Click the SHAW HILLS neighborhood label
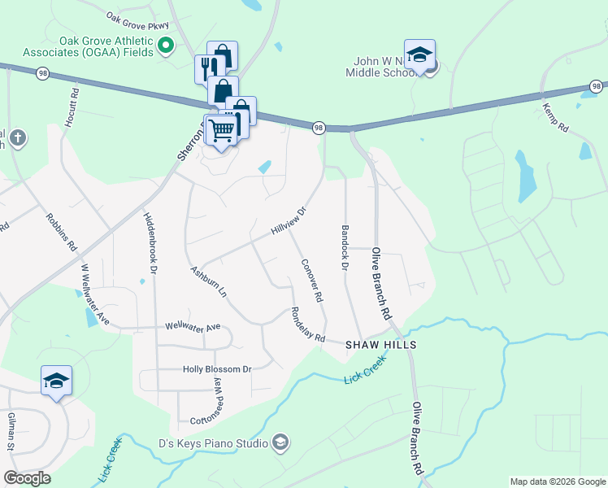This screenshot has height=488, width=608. tap(381, 345)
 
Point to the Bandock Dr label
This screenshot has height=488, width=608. tap(345, 249)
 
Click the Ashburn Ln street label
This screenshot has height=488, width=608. tap(207, 281)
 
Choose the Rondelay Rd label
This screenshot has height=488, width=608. tap(308, 325)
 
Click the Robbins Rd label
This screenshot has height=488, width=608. tap(61, 232)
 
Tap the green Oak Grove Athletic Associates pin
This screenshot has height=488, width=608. tap(166, 45)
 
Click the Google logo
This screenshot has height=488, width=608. tap(27, 478)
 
